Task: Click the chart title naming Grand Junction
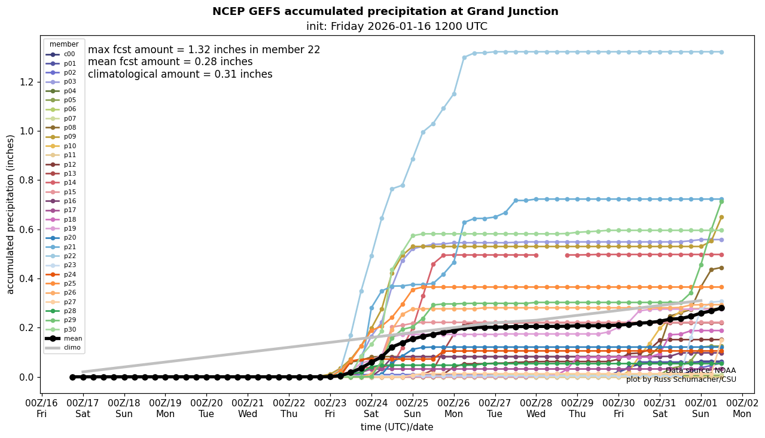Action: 385,11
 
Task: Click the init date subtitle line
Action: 397,26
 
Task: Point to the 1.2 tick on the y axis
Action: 28,82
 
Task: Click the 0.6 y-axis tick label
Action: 28,229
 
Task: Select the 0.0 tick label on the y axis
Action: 28,377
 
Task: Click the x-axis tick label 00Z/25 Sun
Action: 413,408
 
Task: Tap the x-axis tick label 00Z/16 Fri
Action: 42,408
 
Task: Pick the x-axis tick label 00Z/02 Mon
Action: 742,408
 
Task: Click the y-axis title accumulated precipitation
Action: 10,214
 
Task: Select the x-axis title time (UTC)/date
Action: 397,427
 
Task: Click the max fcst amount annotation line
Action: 204,50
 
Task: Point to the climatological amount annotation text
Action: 180,74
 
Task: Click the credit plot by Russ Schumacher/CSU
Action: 681,379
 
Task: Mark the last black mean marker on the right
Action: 721,308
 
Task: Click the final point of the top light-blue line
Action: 721,52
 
